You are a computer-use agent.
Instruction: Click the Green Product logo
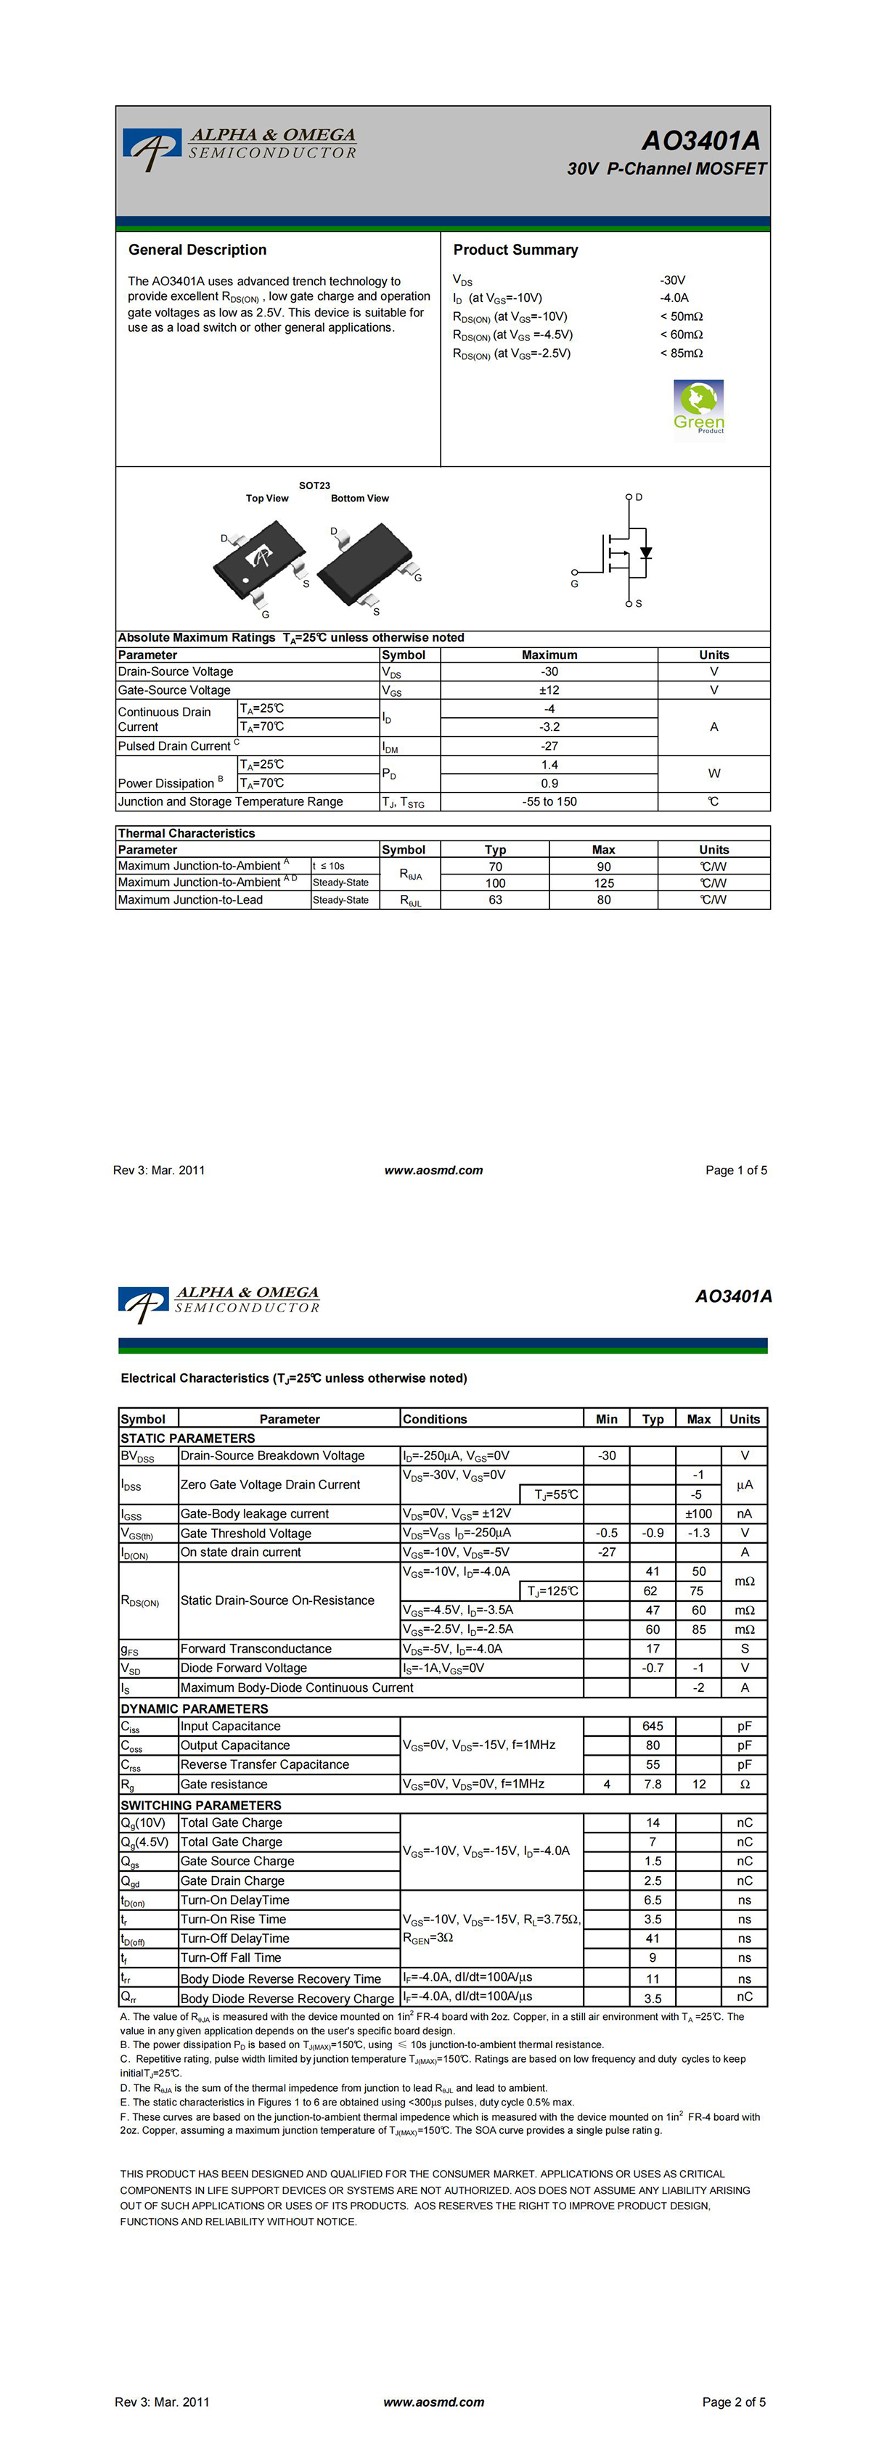pyautogui.click(x=698, y=406)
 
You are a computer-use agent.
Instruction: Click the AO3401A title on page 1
pyautogui.click(x=701, y=141)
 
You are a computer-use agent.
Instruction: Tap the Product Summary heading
pyautogui.click(x=515, y=250)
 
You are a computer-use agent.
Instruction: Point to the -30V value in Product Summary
pyautogui.click(x=672, y=280)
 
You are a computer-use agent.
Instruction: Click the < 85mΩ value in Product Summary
pyautogui.click(x=681, y=353)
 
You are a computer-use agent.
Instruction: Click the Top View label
pyautogui.click(x=267, y=499)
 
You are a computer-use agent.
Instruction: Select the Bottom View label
pyautogui.click(x=359, y=499)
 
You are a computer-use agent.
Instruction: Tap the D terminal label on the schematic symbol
pyautogui.click(x=639, y=497)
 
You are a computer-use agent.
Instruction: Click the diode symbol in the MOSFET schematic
pyautogui.click(x=646, y=553)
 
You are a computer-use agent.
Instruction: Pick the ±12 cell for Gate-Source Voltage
pyautogui.click(x=549, y=689)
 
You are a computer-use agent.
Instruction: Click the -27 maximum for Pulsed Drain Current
pyautogui.click(x=549, y=746)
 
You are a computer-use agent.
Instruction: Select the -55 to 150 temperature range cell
pyautogui.click(x=549, y=801)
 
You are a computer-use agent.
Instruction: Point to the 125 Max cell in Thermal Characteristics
pyautogui.click(x=603, y=883)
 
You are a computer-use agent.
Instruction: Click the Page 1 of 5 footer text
pyautogui.click(x=735, y=1170)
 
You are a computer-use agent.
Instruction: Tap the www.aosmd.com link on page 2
pyautogui.click(x=433, y=2402)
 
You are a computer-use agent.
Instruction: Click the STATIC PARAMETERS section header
pyautogui.click(x=187, y=1438)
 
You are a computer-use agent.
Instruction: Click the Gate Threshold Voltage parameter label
pyautogui.click(x=246, y=1534)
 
